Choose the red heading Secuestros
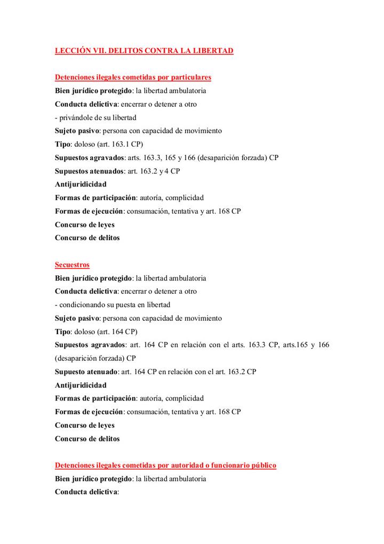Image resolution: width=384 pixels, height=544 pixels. coord(72,265)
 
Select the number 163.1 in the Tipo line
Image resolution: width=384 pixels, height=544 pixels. coord(122,144)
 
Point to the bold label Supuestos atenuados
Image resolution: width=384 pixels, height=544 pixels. coord(89,171)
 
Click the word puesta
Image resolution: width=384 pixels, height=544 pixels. coord(127,305)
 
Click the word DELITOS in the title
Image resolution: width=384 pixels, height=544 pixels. coord(126,51)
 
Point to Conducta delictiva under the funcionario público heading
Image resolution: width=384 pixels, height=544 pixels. coord(86,492)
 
